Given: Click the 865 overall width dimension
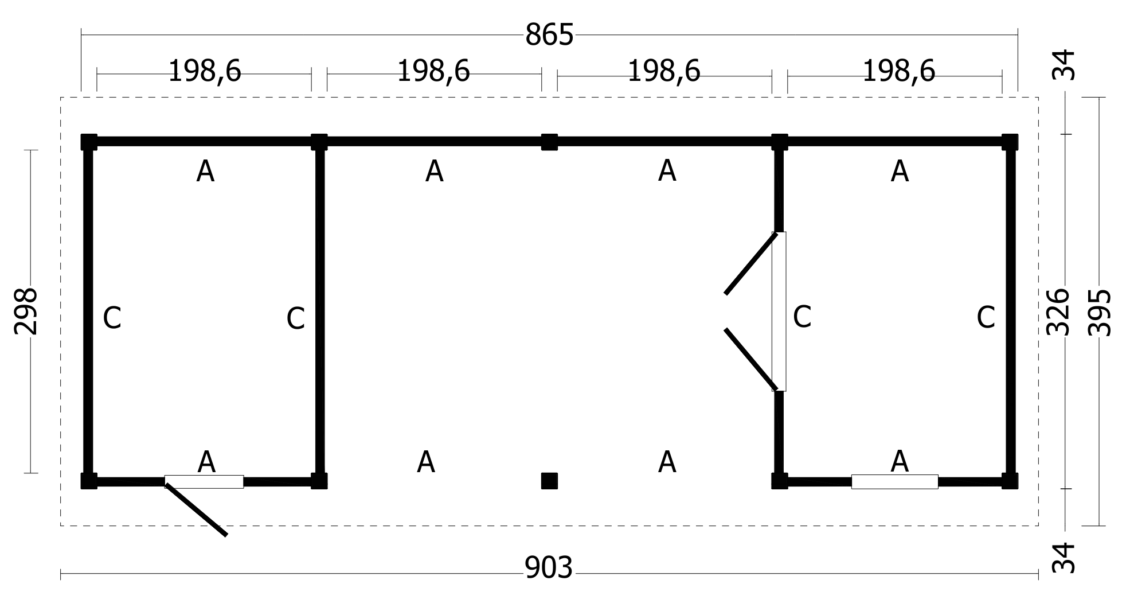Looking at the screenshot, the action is pyautogui.click(x=549, y=35).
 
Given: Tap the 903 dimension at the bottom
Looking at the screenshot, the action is pyautogui.click(x=549, y=568).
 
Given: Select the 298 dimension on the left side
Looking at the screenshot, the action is pyautogui.click(x=26, y=312).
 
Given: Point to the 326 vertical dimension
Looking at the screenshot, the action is pyautogui.click(x=1058, y=312).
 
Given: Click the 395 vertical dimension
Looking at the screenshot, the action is pyautogui.click(x=1099, y=312).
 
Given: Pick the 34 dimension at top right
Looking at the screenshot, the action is pyautogui.click(x=1064, y=65).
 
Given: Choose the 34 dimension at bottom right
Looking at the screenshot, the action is pyautogui.click(x=1064, y=558).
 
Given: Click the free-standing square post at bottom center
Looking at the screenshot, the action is pyautogui.click(x=549, y=481).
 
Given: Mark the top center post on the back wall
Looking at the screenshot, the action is pyautogui.click(x=549, y=142).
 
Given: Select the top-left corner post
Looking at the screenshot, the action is pyautogui.click(x=89, y=142).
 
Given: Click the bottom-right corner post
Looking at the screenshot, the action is pyautogui.click(x=1010, y=481).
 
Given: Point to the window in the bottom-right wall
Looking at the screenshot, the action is pyautogui.click(x=894, y=481).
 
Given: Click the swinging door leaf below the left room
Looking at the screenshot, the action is pyautogui.click(x=196, y=509).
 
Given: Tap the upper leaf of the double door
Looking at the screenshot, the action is pyautogui.click(x=751, y=263).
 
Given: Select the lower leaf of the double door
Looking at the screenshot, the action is pyautogui.click(x=751, y=359).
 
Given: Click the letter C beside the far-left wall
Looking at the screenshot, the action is pyautogui.click(x=112, y=318).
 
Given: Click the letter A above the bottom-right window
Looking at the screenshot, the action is pyautogui.click(x=900, y=462).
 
